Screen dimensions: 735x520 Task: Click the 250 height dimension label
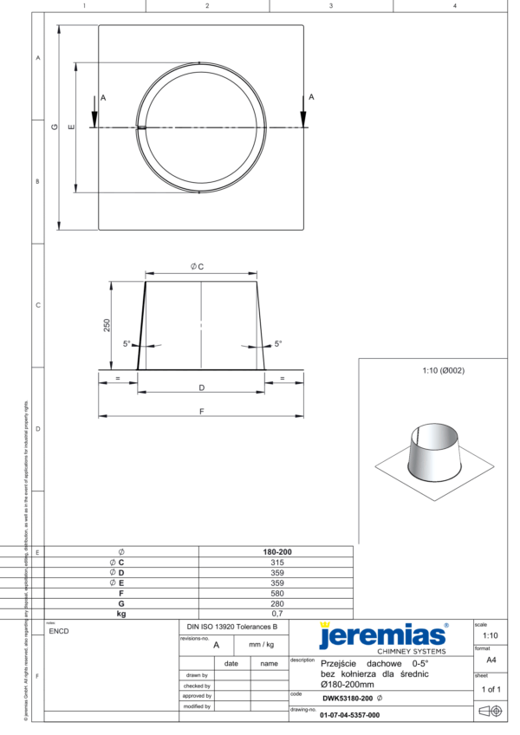pos(107,325)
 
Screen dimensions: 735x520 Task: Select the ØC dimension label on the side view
pos(198,267)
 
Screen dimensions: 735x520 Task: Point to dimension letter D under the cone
pos(201,387)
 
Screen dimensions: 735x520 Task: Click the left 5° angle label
pos(127,344)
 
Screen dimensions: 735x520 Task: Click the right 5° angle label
pos(278,344)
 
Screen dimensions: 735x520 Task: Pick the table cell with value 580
pos(276,593)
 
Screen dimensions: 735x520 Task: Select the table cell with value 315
pos(276,563)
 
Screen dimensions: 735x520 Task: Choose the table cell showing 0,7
pos(276,613)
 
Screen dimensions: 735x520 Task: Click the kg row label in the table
pos(121,613)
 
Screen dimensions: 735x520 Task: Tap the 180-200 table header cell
pos(276,552)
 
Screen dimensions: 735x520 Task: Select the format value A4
pos(490,659)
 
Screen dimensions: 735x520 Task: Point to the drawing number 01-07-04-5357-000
pos(349,715)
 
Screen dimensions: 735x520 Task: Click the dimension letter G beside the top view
pos(54,127)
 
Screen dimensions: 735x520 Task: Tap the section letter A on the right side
pos(311,98)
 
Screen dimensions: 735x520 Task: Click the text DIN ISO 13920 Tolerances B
pos(232,626)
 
